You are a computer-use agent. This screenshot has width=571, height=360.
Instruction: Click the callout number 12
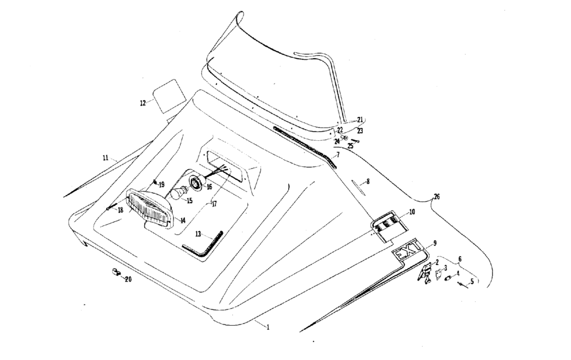tap(142, 103)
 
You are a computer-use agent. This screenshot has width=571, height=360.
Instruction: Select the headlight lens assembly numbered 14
tap(149, 209)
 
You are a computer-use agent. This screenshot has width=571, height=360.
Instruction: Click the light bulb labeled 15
tap(179, 193)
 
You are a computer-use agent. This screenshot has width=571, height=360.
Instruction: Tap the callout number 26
tap(437, 197)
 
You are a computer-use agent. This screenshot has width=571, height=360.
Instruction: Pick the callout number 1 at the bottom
tap(268, 327)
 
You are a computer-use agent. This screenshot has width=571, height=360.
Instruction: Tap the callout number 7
tap(338, 155)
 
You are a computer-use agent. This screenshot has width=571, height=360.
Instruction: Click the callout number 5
tap(472, 281)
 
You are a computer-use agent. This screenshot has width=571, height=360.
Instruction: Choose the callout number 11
tap(105, 158)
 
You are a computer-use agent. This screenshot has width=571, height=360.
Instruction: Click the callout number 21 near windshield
tap(360, 120)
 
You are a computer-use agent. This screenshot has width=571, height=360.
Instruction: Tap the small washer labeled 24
tap(344, 138)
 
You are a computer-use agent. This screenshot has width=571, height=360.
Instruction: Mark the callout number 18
tap(120, 210)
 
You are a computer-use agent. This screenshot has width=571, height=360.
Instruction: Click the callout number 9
tap(435, 243)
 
